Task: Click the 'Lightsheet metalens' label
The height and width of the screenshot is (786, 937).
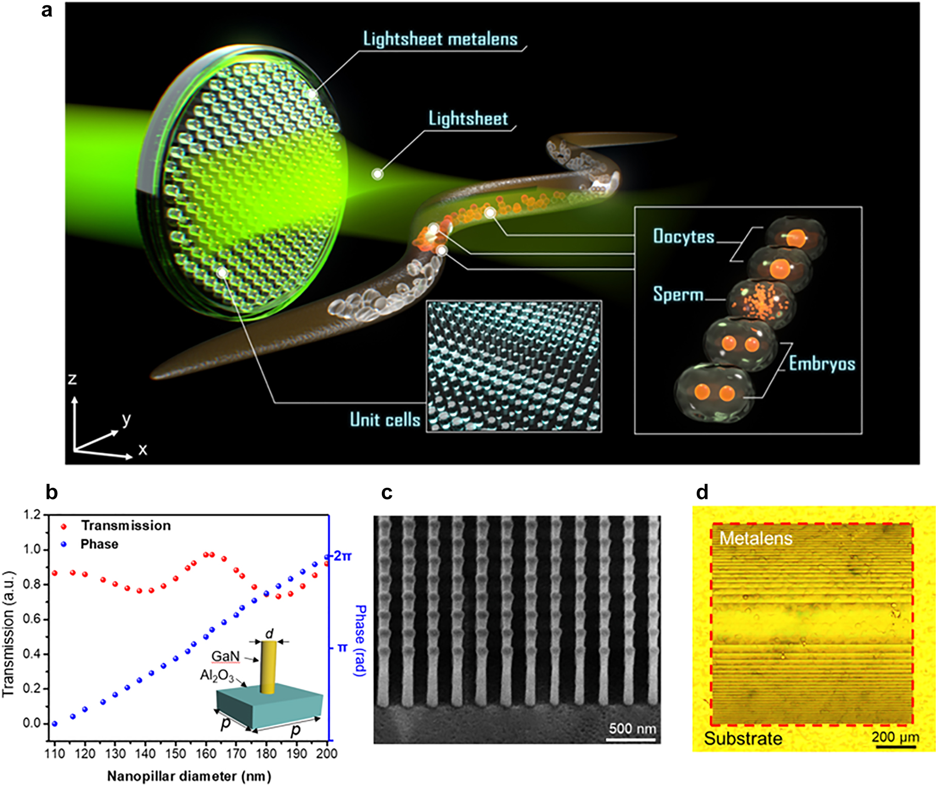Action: tap(440, 39)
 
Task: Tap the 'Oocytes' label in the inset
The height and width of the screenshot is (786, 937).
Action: tap(683, 236)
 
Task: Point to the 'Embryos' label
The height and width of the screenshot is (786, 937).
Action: tap(822, 364)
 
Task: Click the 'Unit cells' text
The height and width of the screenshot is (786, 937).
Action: tap(385, 419)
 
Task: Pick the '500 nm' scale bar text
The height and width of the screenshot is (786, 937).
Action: tap(632, 728)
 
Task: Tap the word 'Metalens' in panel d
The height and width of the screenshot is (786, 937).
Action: tap(756, 538)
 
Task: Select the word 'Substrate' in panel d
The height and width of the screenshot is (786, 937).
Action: tap(743, 739)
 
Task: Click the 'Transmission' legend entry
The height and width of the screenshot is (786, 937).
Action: tap(125, 526)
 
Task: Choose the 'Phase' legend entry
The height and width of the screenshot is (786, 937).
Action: tap(99, 544)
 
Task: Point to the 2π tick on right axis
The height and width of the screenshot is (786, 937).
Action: tap(342, 556)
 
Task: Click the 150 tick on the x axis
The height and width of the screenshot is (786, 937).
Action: tap(176, 754)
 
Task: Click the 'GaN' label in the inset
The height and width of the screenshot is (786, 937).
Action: tap(225, 656)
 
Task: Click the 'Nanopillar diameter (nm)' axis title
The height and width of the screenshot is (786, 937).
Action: tap(189, 776)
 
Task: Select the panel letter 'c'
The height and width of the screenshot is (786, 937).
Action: tap(387, 493)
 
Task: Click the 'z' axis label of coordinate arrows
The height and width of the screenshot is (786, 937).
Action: tap(72, 379)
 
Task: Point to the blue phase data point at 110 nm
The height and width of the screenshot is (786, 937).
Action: tap(55, 724)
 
